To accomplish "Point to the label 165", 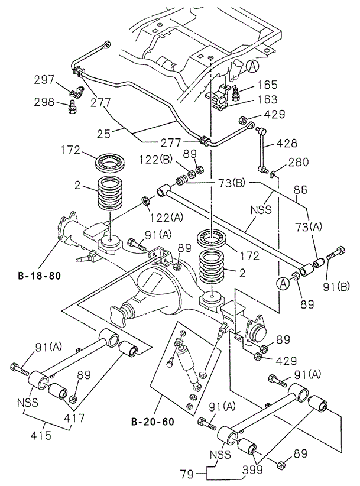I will pos(267,85).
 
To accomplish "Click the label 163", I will pos(267,101).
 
